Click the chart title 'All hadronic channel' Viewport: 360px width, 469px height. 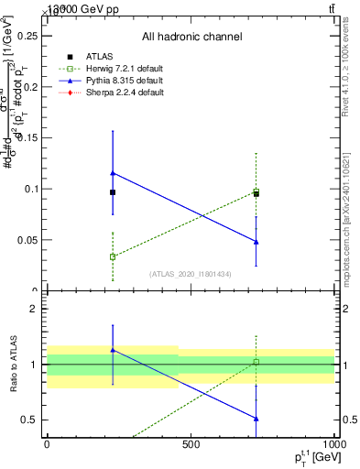pos(191,37)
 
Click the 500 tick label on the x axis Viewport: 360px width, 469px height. pos(191,445)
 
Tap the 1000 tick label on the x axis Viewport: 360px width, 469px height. pos(333,445)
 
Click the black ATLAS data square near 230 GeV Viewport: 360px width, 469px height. pos(113,192)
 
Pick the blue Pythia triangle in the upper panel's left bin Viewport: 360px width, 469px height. pos(113,173)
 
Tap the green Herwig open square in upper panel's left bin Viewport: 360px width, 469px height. pos(113,256)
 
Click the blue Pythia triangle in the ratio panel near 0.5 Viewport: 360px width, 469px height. pos(256,419)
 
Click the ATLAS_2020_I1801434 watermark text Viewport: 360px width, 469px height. pos(190,274)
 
